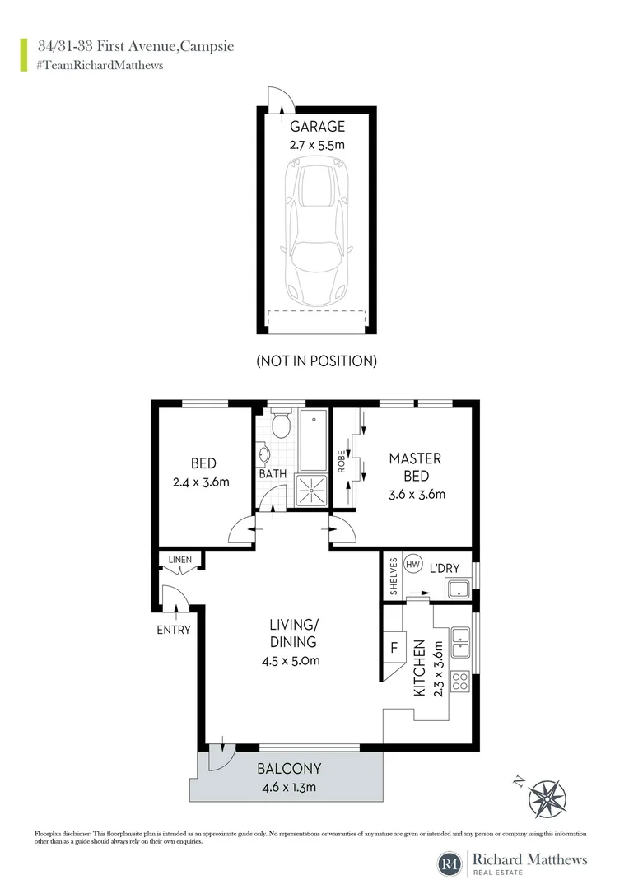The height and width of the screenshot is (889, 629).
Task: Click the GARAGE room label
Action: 317,127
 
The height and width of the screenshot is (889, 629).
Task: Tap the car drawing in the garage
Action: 317,230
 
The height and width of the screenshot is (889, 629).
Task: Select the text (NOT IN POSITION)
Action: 317,361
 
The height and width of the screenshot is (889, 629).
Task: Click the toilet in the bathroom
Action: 280,426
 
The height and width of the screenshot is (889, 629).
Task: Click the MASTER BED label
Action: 416,467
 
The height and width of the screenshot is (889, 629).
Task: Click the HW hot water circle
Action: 413,566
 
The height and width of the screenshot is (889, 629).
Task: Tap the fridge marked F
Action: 394,647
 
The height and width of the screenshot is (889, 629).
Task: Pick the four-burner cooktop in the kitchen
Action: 460,682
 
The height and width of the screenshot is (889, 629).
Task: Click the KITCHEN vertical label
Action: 419,668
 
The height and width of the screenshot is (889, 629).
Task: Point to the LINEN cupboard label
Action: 179,561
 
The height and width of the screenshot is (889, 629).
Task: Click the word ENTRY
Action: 173,630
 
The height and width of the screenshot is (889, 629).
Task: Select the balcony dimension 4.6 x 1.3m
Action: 288,787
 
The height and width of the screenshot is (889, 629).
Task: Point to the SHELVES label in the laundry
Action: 394,578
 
